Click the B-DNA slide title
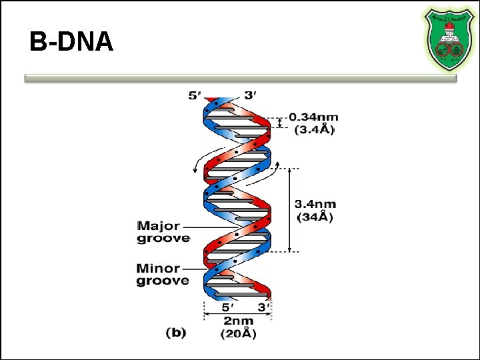[x=71, y=43]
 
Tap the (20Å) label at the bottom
[x=238, y=333]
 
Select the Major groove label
[x=163, y=231]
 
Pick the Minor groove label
[x=163, y=275]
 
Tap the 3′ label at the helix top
[x=251, y=95]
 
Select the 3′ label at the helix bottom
[x=262, y=308]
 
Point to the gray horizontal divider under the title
[x=240, y=78]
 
